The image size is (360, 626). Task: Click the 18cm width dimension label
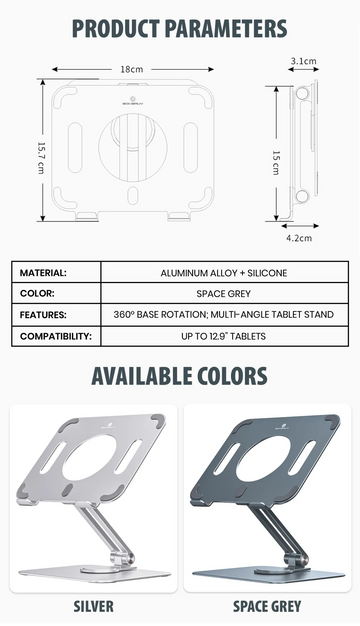click(x=132, y=69)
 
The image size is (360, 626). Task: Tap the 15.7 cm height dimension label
click(x=41, y=157)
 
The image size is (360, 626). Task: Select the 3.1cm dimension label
click(x=303, y=61)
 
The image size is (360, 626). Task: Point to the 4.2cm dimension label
click(x=299, y=238)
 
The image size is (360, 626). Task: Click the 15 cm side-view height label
click(x=276, y=163)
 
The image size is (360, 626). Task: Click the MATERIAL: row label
click(x=43, y=273)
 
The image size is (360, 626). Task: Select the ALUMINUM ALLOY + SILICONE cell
click(x=224, y=273)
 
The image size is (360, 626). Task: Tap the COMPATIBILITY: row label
click(x=56, y=336)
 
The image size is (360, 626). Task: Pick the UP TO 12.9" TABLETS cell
click(x=224, y=336)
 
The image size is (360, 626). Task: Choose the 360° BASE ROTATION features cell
click(x=224, y=314)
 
